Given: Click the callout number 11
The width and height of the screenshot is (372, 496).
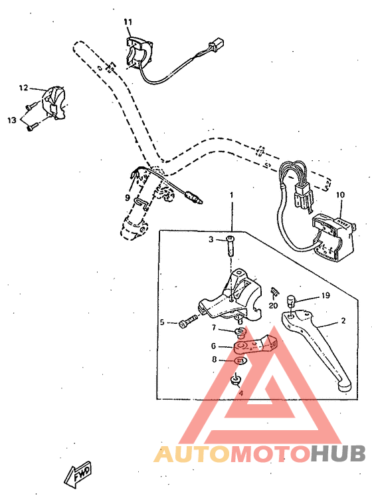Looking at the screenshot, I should click(128, 22).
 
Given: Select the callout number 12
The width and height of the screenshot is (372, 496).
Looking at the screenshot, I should click(23, 88).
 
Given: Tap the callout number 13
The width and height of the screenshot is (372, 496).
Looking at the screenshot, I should click(11, 120).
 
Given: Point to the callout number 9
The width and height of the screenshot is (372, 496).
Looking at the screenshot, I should click(128, 197).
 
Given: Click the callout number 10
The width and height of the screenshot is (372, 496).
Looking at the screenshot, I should click(340, 195).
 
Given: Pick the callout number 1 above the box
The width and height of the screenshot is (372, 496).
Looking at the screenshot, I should click(232, 195).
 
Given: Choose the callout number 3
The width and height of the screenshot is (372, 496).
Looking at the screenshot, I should click(211, 239).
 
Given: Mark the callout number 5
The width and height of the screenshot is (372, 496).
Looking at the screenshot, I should click(161, 323).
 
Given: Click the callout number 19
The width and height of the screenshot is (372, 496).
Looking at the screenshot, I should click(325, 295).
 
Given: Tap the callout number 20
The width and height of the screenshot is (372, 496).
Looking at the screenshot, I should click(273, 306).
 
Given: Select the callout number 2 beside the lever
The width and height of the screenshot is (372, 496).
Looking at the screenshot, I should click(343, 321).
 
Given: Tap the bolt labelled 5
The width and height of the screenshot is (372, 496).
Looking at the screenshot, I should click(187, 323).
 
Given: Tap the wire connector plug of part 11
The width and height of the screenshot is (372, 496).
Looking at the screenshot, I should click(215, 47).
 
